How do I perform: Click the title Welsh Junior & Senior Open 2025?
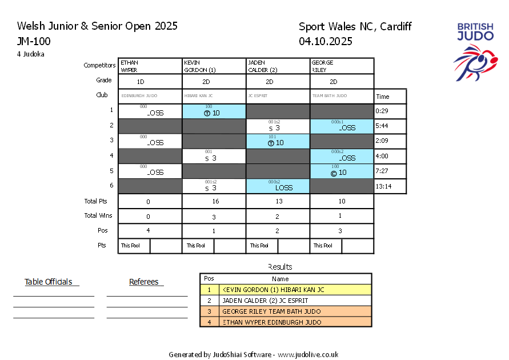pos(97,26)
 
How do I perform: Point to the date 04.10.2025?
pos(325,41)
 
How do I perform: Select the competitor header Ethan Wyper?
pos(150,66)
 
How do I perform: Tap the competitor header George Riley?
pos(342,66)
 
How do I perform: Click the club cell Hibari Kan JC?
pos(214,96)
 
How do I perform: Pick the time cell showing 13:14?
pos(390,186)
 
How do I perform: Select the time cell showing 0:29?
pos(390,111)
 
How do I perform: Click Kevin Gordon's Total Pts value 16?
pos(214,202)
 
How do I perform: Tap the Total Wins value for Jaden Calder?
pos(278,216)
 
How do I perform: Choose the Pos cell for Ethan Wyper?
pos(150,231)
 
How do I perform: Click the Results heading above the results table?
pos(280,267)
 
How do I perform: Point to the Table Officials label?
pos(49,282)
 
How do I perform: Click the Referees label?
pos(144,282)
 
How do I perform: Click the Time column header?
pos(383,97)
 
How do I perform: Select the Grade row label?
pos(104,81)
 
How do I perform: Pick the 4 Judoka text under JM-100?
pos(31,54)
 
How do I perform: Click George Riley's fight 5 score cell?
pos(342,171)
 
